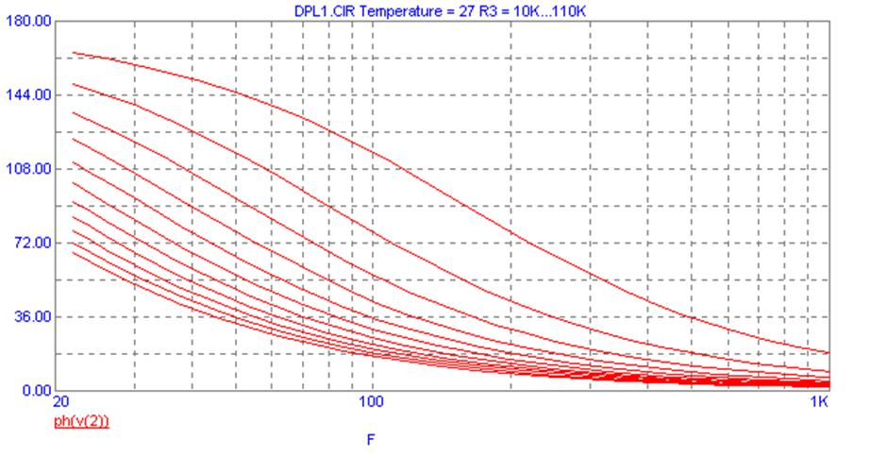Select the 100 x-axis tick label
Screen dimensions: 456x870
tap(373, 400)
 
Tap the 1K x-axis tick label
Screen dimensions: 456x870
tap(821, 400)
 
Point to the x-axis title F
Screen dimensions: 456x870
tap(374, 439)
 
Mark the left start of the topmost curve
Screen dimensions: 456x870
tap(73, 53)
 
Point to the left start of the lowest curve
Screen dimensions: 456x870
tap(73, 252)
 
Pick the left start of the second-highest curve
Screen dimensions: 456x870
tap(73, 84)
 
